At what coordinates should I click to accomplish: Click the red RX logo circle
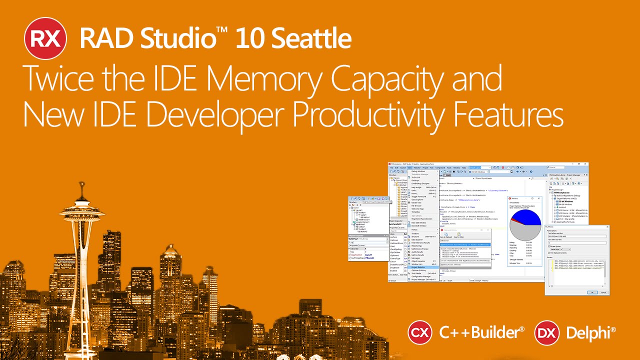[45, 38]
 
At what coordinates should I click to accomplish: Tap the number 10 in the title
[248, 38]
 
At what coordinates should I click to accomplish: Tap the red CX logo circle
[420, 332]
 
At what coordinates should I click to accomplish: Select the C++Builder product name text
[481, 332]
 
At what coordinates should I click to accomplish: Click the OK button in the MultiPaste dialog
[592, 292]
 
